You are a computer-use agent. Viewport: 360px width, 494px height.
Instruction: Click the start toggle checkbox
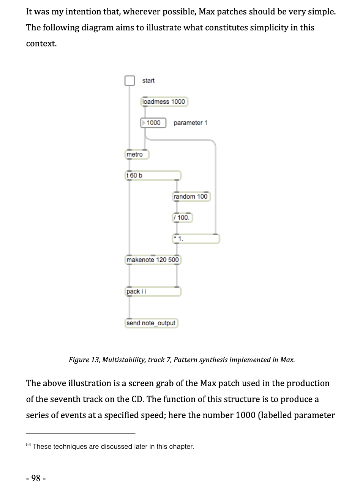pyautogui.click(x=129, y=81)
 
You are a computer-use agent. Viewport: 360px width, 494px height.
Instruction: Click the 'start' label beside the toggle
pyautogui.click(x=148, y=81)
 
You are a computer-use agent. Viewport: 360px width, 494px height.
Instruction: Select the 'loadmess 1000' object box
pyautogui.click(x=164, y=102)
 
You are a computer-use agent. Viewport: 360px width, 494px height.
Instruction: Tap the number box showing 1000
pyautogui.click(x=153, y=123)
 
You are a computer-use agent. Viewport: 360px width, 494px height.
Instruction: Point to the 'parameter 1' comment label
pyautogui.click(x=191, y=123)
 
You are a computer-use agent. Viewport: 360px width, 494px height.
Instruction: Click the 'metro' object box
pyautogui.click(x=137, y=154)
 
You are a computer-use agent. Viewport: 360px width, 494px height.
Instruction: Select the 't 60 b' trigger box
pyautogui.click(x=153, y=176)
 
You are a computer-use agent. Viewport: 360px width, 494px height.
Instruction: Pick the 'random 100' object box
pyautogui.click(x=191, y=196)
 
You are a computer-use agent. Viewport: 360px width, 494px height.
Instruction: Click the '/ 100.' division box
pyautogui.click(x=182, y=218)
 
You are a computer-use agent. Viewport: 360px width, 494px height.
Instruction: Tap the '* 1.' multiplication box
pyautogui.click(x=196, y=239)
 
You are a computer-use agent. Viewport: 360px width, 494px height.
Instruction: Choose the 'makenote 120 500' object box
pyautogui.click(x=153, y=260)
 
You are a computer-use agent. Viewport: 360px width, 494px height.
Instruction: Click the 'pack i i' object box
pyautogui.click(x=153, y=291)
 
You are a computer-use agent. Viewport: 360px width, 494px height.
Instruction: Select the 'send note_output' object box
pyautogui.click(x=151, y=323)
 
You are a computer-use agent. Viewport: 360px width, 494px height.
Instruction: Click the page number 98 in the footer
pyautogui.click(x=36, y=478)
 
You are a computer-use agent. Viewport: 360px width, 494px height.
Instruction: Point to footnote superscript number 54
pyautogui.click(x=28, y=444)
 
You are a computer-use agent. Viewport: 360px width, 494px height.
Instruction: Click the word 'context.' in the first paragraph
pyautogui.click(x=41, y=43)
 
